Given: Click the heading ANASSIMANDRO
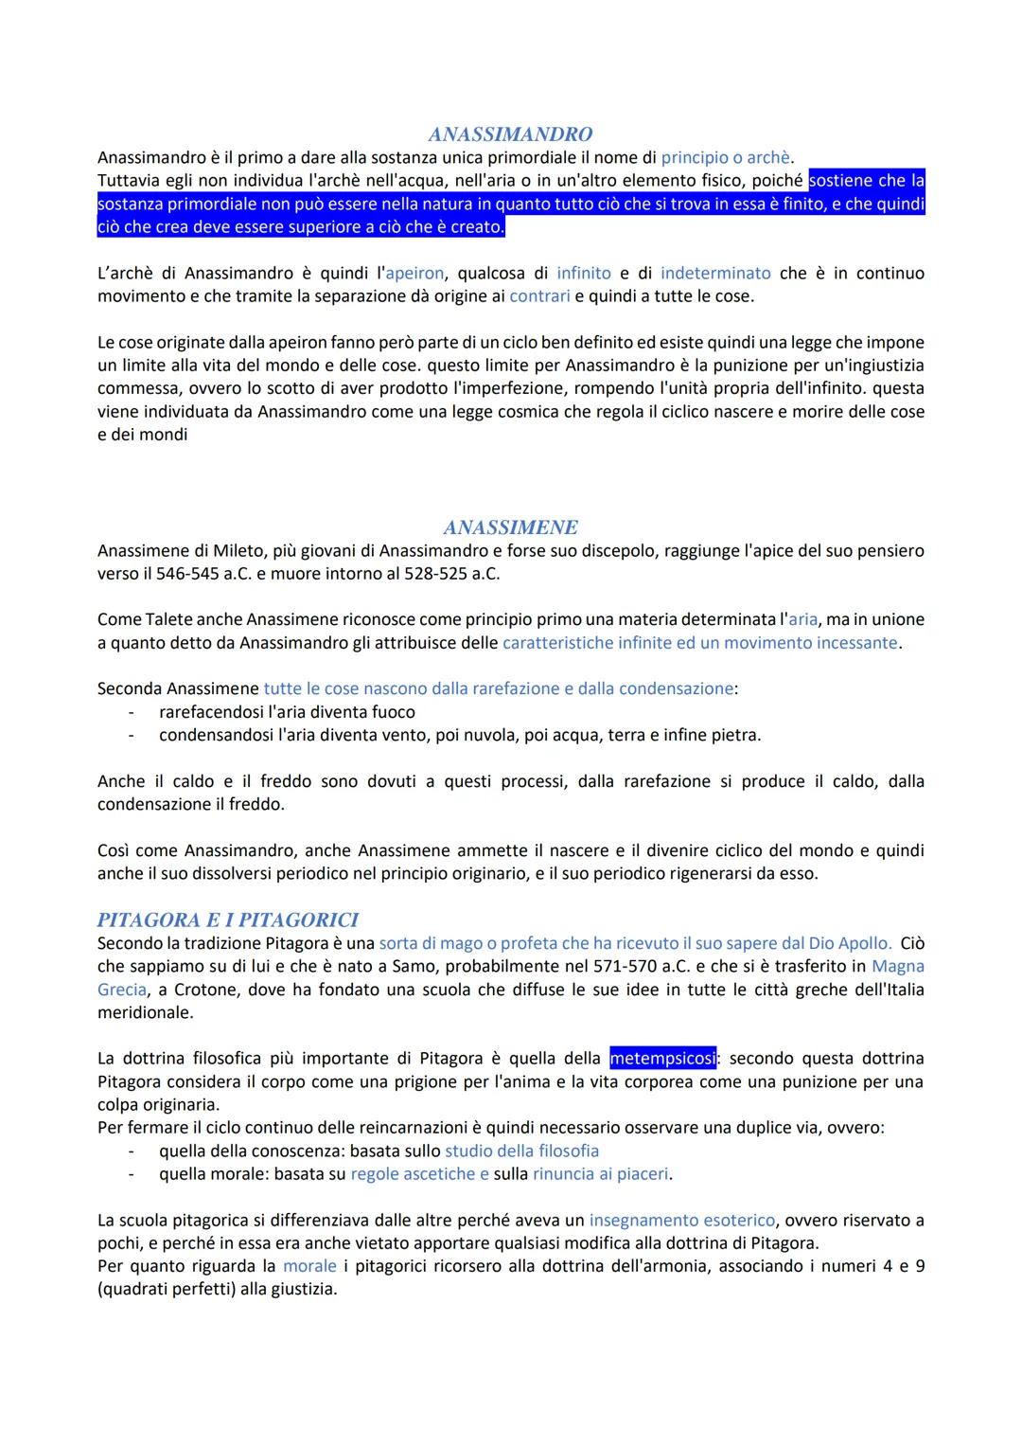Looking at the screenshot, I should tap(510, 134).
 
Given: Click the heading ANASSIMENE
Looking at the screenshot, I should tap(510, 527).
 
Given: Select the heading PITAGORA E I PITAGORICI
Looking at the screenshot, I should tap(228, 920).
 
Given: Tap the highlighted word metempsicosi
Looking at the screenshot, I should tap(662, 1058).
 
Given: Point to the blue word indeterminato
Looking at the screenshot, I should tap(715, 273).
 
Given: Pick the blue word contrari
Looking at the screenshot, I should tap(539, 296).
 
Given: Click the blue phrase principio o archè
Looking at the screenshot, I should tap(725, 157).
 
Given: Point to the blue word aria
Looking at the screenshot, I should tap(802, 619).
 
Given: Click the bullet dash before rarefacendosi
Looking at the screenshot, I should tap(132, 712).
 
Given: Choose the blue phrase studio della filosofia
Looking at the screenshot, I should tap(521, 1151).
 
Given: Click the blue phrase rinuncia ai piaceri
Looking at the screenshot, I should tap(600, 1174).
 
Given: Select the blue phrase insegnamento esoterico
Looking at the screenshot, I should tap(681, 1221).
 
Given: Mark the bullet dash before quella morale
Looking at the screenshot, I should tap(132, 1174).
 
